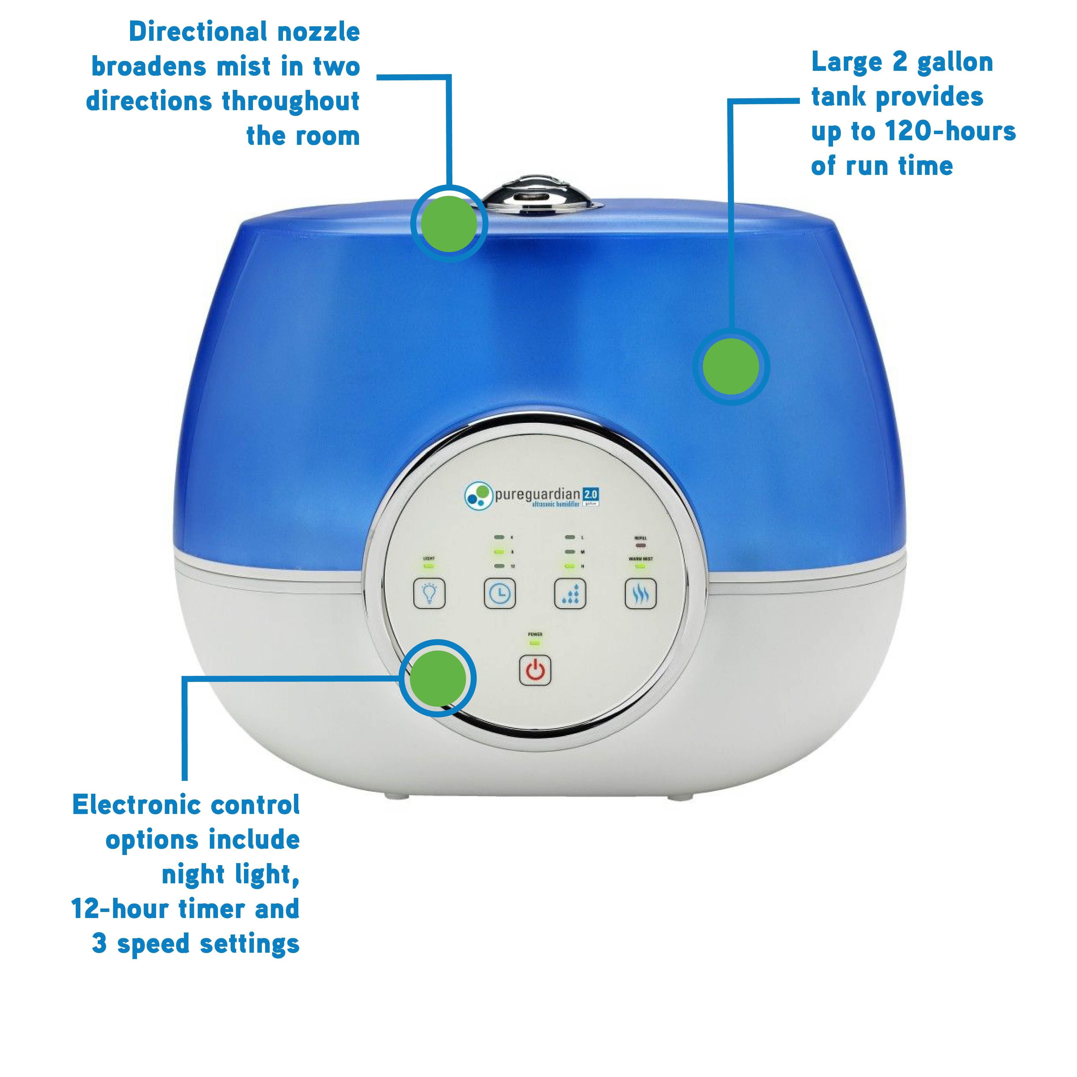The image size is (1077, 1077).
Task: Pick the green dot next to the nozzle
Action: (x=449, y=223)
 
